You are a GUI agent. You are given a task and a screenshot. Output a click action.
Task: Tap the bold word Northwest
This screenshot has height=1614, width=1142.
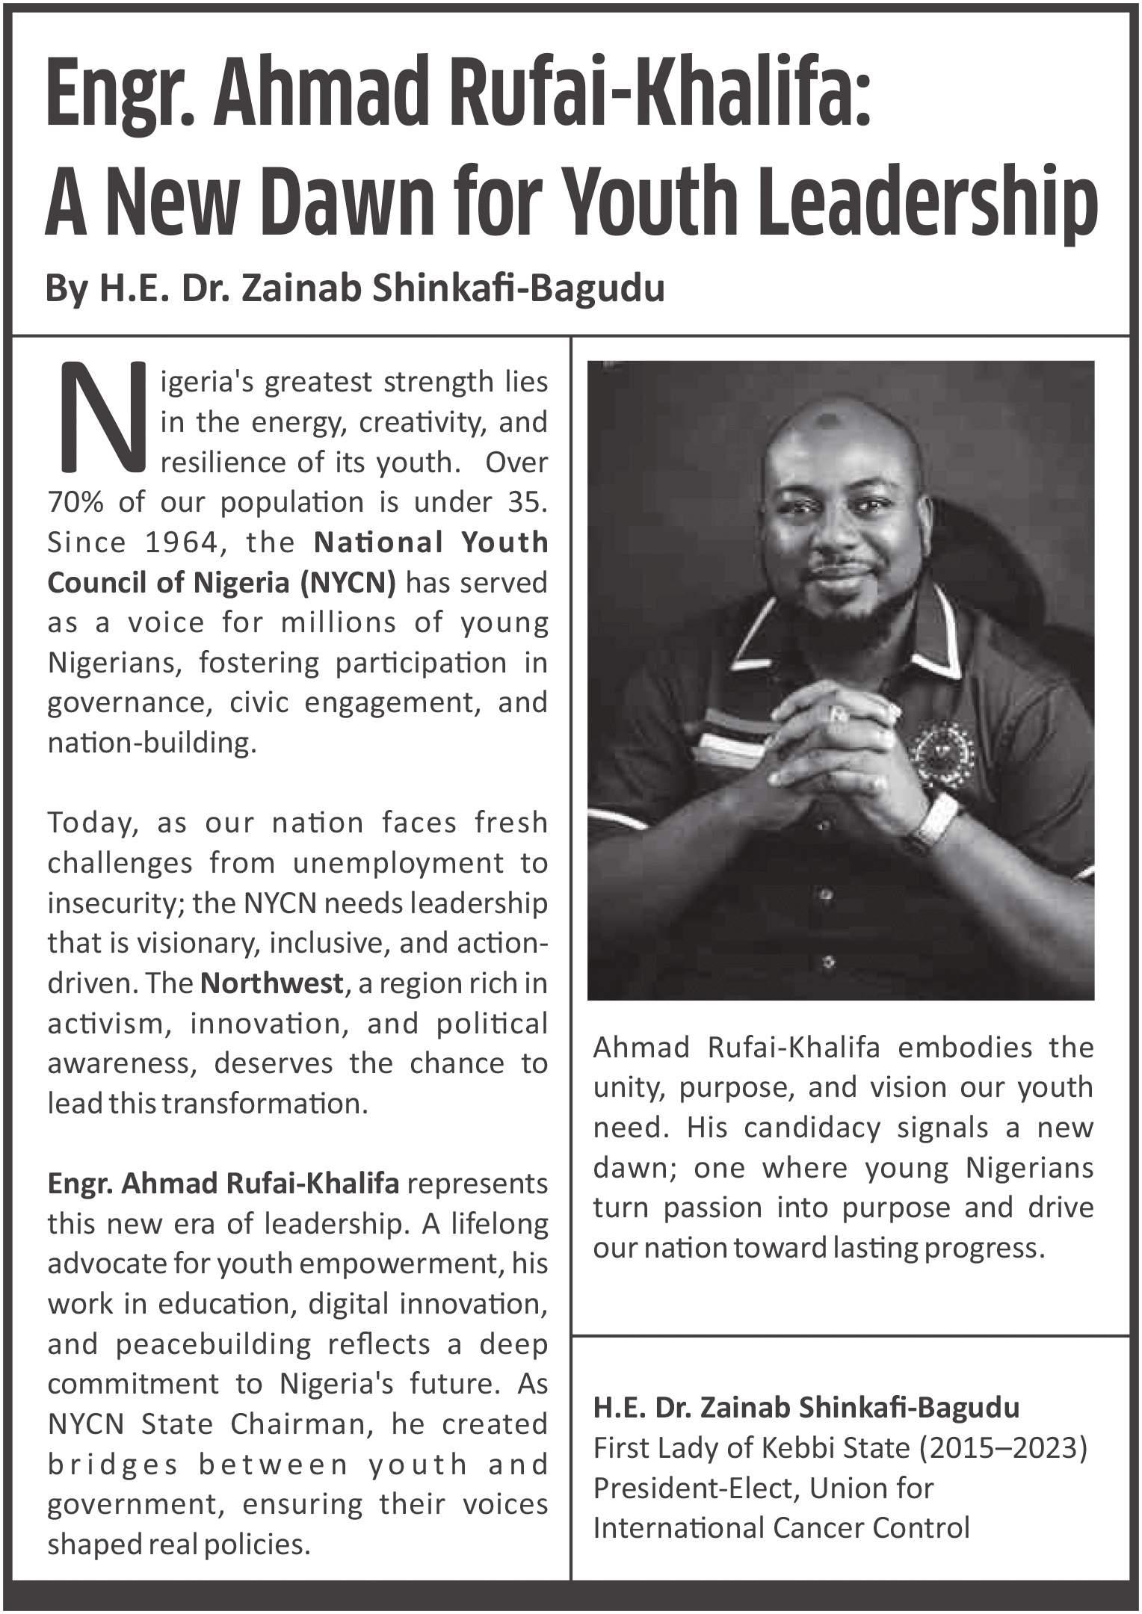271,983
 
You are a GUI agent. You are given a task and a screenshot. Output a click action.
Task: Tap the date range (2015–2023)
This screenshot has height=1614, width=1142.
1002,1449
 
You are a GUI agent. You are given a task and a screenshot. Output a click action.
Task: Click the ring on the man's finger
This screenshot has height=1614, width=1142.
839,714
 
